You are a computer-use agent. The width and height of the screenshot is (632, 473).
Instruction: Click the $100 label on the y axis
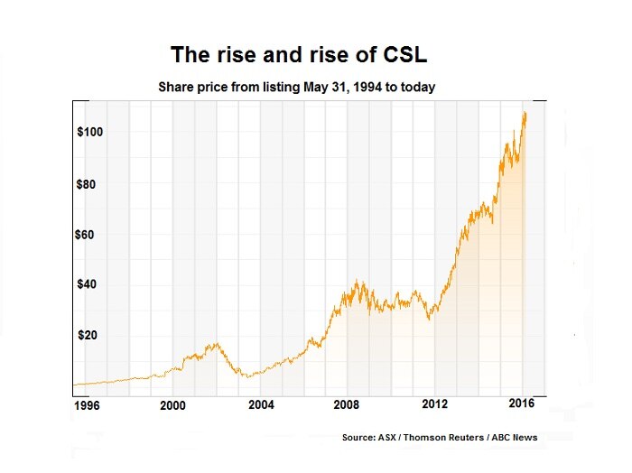pyautogui.click(x=91, y=132)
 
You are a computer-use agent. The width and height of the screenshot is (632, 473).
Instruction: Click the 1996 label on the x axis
pyautogui.click(x=88, y=406)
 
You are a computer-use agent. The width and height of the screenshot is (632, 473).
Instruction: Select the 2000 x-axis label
pyautogui.click(x=173, y=406)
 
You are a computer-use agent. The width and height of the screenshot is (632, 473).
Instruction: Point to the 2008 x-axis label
pyautogui.click(x=348, y=406)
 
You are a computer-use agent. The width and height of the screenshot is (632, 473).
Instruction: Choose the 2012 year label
pyautogui.click(x=435, y=406)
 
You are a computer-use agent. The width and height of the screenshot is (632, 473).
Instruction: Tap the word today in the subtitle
pyautogui.click(x=419, y=88)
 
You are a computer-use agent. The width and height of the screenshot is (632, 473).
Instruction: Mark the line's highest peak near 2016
pyautogui.click(x=525, y=112)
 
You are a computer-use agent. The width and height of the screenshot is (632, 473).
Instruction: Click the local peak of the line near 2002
pyautogui.click(x=215, y=344)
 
